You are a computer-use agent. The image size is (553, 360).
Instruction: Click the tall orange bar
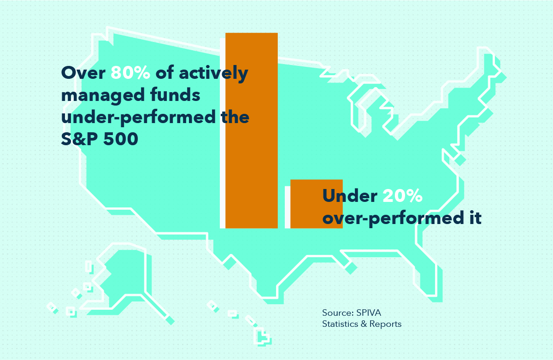coord(252,130)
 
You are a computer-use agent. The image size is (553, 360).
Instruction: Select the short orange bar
coord(317,204)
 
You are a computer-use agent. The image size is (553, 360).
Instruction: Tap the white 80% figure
coord(130,72)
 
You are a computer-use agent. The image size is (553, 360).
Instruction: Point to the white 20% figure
coord(402,196)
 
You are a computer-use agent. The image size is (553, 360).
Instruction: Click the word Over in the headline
coord(83,73)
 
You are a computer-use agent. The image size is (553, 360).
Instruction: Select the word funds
coord(175,94)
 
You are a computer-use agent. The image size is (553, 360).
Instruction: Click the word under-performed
coord(138,118)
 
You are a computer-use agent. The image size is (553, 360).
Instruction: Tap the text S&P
coord(79,139)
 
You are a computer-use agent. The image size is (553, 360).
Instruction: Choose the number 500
coord(121,139)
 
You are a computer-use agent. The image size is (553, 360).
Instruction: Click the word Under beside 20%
coord(350,196)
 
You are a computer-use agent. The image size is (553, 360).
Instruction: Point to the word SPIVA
coord(369,313)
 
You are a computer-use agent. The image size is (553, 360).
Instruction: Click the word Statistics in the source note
coord(340,324)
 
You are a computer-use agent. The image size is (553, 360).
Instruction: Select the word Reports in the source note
coord(385,325)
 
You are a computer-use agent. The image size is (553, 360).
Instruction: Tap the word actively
coord(214,73)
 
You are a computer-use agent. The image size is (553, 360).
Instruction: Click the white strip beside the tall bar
coord(223,133)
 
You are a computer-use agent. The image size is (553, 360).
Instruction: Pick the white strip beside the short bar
coord(288,207)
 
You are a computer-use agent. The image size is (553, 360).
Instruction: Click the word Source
coord(338,313)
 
